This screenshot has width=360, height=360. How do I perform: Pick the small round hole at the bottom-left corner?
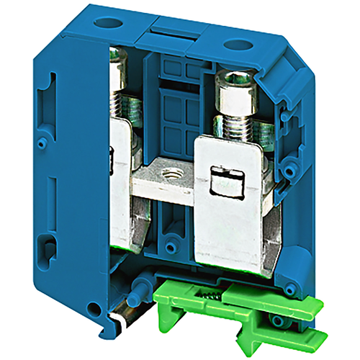click(x=93, y=310)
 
